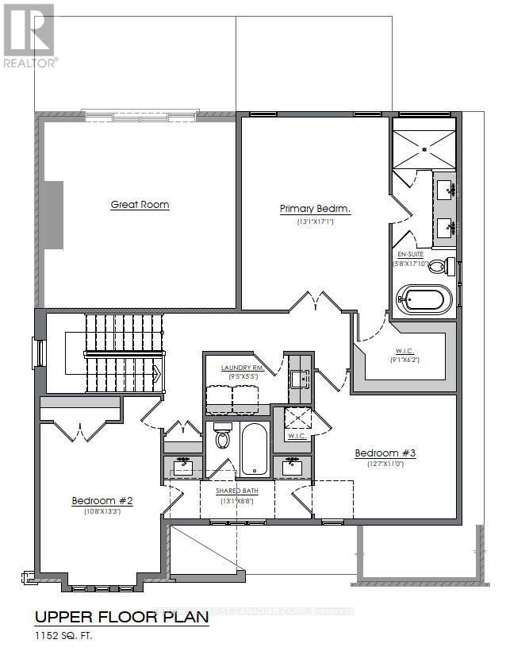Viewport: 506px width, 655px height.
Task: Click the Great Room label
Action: (140, 205)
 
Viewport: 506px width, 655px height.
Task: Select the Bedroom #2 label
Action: (102, 500)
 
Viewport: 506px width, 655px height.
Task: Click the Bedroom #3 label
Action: (385, 453)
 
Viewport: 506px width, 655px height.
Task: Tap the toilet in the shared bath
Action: (222, 438)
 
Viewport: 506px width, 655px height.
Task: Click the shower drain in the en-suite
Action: (424, 148)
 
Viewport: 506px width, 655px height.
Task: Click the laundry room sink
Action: (298, 379)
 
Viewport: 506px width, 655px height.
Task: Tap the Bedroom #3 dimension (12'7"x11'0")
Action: (385, 465)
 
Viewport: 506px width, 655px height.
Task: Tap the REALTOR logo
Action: (29, 36)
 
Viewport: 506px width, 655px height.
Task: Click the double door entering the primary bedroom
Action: (316, 302)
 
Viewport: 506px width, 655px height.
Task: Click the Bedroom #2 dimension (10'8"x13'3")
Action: (102, 512)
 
